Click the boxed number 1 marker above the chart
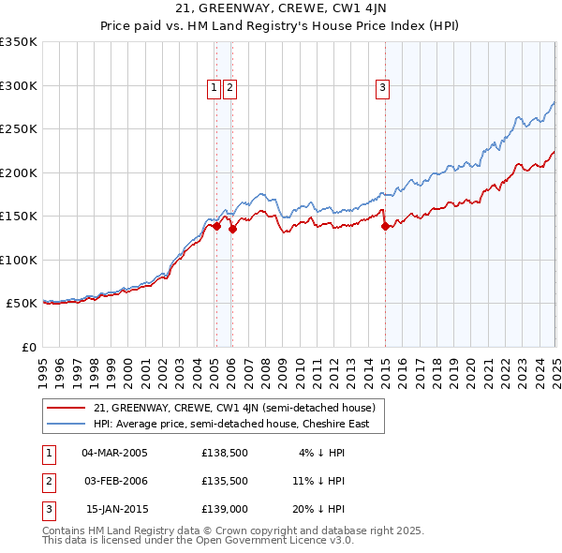click(x=214, y=88)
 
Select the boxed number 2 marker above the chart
click(x=229, y=88)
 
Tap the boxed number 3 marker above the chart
click(x=383, y=88)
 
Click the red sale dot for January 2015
click(x=385, y=226)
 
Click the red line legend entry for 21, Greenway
click(x=234, y=408)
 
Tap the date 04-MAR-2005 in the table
click(x=115, y=453)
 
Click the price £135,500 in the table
click(x=224, y=481)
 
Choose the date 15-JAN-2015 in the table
click(x=115, y=509)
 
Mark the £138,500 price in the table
click(x=224, y=453)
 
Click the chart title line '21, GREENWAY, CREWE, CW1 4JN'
click(x=280, y=10)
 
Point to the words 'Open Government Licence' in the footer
click(x=281, y=541)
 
